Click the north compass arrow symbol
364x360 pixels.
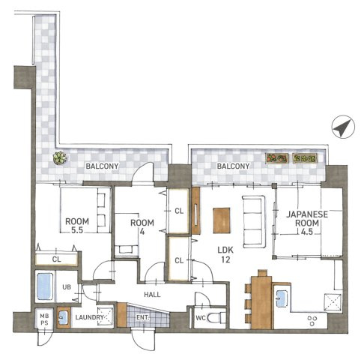pos(343,127)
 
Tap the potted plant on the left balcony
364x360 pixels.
pos(60,158)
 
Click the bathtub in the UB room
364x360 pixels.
pos(45,286)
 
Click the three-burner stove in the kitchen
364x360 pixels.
pos(312,320)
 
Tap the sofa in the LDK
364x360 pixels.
pos(254,222)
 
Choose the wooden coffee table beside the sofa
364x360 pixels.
pos(222,220)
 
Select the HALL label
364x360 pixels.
pos(152,295)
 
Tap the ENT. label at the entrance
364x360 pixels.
pos(143,317)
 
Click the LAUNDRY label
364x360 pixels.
pos(89,317)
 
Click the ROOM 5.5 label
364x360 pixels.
pos(77,226)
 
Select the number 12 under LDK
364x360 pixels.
pos(225,259)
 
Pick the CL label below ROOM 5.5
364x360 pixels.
pos(57,259)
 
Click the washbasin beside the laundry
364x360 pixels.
pos(64,317)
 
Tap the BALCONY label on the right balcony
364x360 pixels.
pos(233,166)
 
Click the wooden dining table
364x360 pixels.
pos(261,302)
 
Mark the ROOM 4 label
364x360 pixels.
pos(142,227)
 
